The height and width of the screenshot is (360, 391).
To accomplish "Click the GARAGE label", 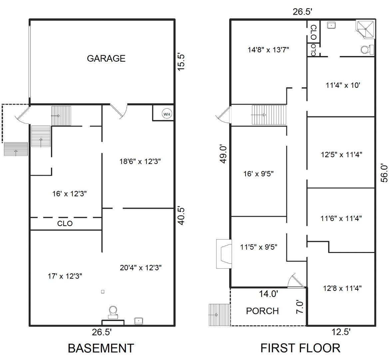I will [x=106, y=59].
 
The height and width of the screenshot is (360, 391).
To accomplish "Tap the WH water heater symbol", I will [x=167, y=114].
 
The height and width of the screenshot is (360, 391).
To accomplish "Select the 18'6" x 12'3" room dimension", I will [x=140, y=162].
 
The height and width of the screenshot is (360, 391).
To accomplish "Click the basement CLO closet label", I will [x=65, y=224].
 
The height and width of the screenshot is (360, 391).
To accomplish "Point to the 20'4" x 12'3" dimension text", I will [x=141, y=268].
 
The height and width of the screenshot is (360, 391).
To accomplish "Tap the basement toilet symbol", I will [x=113, y=312].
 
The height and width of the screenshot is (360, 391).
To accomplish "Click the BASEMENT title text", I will [x=101, y=348].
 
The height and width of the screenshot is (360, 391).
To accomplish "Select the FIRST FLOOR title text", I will [x=300, y=348].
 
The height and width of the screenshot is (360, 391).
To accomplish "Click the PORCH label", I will [x=262, y=311].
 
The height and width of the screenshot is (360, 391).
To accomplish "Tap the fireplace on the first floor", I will [x=224, y=254].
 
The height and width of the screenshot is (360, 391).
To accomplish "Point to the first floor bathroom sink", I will [x=331, y=25].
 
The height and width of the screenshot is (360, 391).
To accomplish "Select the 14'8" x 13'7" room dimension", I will [x=268, y=50].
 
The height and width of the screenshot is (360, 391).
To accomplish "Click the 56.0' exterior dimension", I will [x=384, y=173].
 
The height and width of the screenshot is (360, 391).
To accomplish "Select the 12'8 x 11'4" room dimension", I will [x=342, y=288].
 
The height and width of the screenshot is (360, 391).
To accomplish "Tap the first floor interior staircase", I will [x=269, y=115].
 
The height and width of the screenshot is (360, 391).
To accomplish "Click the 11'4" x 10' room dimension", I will [x=343, y=85].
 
